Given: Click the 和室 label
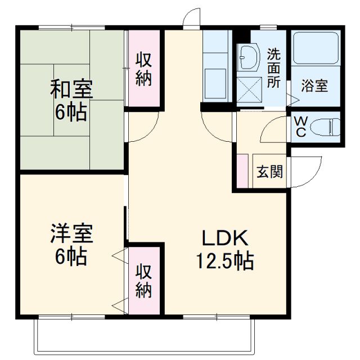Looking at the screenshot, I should pyautogui.click(x=71, y=89).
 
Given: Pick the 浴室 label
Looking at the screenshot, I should pyautogui.click(x=314, y=87).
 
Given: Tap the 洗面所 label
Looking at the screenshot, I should pyautogui.click(x=273, y=68).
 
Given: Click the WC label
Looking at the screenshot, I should pyautogui.click(x=300, y=127).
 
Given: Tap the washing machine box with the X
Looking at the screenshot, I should pyautogui.click(x=248, y=89).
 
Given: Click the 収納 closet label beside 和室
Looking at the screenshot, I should pyautogui.click(x=144, y=69).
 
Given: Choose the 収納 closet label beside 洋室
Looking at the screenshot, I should pyautogui.click(x=144, y=281).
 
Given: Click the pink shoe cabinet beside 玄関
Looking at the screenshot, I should pyautogui.click(x=242, y=169).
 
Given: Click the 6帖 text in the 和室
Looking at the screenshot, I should pyautogui.click(x=71, y=112).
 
